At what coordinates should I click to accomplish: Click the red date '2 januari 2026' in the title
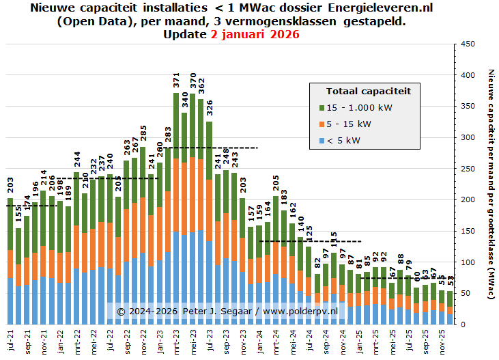click(255, 34)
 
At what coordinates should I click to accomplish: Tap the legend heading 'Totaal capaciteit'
click(369, 91)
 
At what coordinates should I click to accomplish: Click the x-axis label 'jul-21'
click(11, 340)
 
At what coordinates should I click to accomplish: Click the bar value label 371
click(177, 80)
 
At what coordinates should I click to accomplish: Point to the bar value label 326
click(210, 109)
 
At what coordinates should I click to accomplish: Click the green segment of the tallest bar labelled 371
click(177, 126)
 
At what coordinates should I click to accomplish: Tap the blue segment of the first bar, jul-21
click(10, 301)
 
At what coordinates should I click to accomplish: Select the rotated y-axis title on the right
click(490, 184)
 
